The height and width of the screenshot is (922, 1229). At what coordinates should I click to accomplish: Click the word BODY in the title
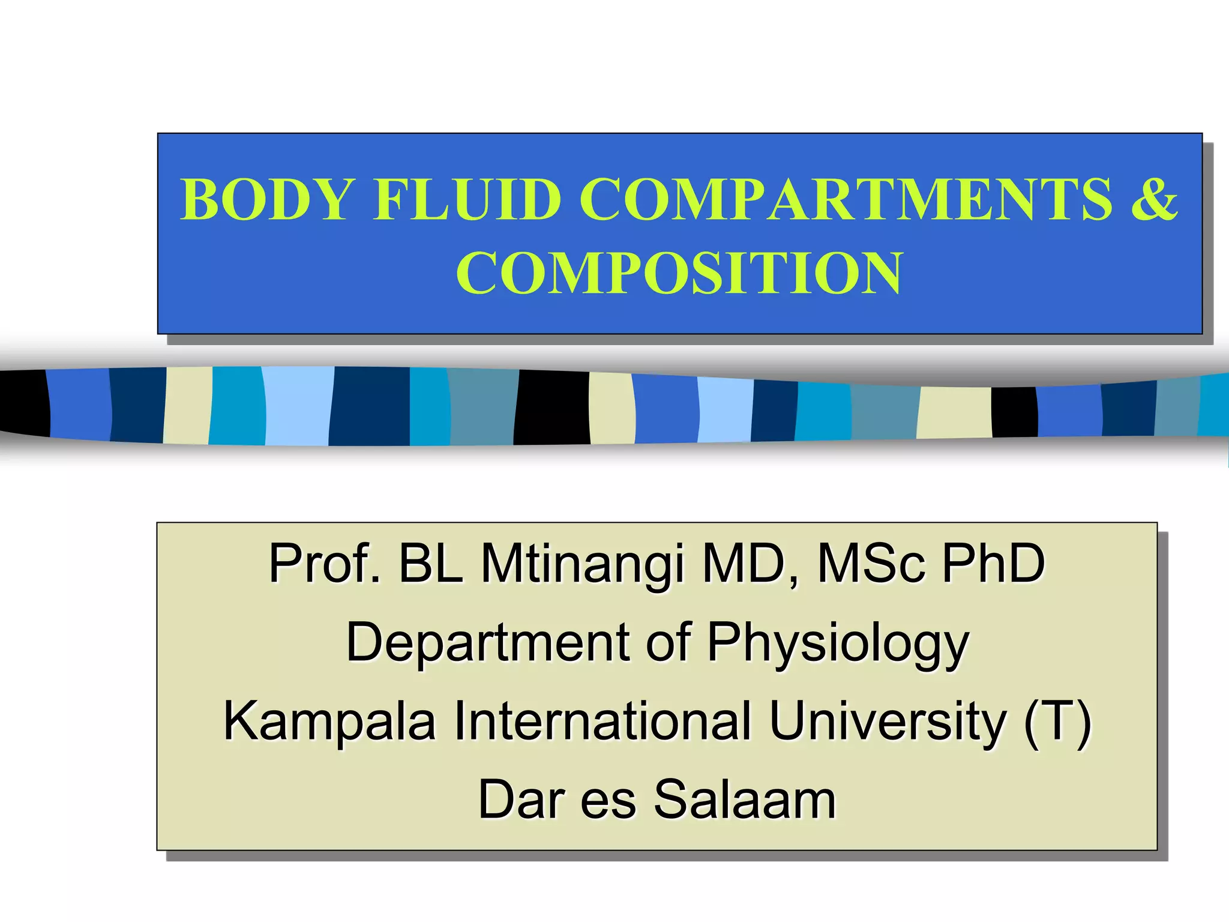tap(266, 199)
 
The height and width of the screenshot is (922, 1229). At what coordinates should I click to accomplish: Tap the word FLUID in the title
tap(467, 199)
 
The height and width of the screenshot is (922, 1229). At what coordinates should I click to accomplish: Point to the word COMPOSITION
tap(679, 273)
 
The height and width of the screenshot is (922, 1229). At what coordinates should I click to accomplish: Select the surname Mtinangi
tap(582, 564)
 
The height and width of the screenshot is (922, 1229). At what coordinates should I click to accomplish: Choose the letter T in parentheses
tap(1057, 720)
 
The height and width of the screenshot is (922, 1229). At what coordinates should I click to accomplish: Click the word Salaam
tap(745, 800)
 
